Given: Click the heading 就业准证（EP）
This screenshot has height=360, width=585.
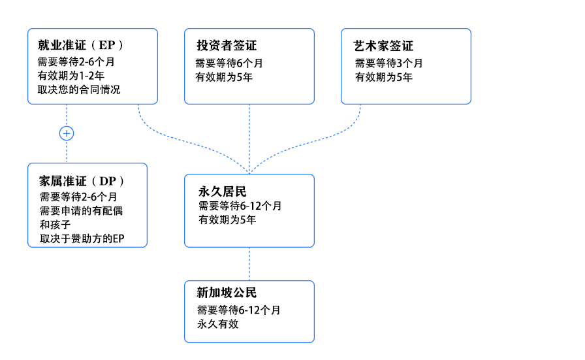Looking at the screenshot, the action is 80,45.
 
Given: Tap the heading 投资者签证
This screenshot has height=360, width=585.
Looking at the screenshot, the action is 227,46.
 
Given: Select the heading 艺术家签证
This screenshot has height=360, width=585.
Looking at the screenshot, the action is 383,46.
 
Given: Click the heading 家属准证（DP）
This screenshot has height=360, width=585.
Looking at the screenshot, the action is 82,181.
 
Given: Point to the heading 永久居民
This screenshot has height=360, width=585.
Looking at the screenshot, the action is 223,191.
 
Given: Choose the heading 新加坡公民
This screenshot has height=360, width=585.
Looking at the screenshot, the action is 227,293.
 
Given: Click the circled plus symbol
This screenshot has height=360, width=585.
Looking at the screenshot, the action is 67,133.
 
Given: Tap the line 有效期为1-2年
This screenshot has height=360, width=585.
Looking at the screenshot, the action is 71,76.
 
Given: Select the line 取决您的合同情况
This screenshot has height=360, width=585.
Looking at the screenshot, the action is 79,90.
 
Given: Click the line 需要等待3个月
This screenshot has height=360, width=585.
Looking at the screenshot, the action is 388,63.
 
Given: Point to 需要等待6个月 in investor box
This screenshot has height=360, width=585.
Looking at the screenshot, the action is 229,63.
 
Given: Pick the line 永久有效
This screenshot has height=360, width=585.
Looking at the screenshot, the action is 218,324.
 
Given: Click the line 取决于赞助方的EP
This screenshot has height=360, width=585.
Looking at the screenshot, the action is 82,238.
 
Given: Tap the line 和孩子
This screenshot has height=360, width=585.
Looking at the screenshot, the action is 55,225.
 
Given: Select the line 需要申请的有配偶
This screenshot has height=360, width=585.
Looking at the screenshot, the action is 82,210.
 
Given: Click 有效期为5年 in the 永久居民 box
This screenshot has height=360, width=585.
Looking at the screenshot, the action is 227,220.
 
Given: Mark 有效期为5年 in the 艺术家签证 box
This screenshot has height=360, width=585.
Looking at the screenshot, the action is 383,77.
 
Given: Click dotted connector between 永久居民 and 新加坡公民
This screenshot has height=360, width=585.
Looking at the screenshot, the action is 249,264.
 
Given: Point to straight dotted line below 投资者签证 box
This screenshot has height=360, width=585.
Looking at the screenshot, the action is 249,139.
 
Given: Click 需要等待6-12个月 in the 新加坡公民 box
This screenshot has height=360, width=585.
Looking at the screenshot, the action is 239,310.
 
